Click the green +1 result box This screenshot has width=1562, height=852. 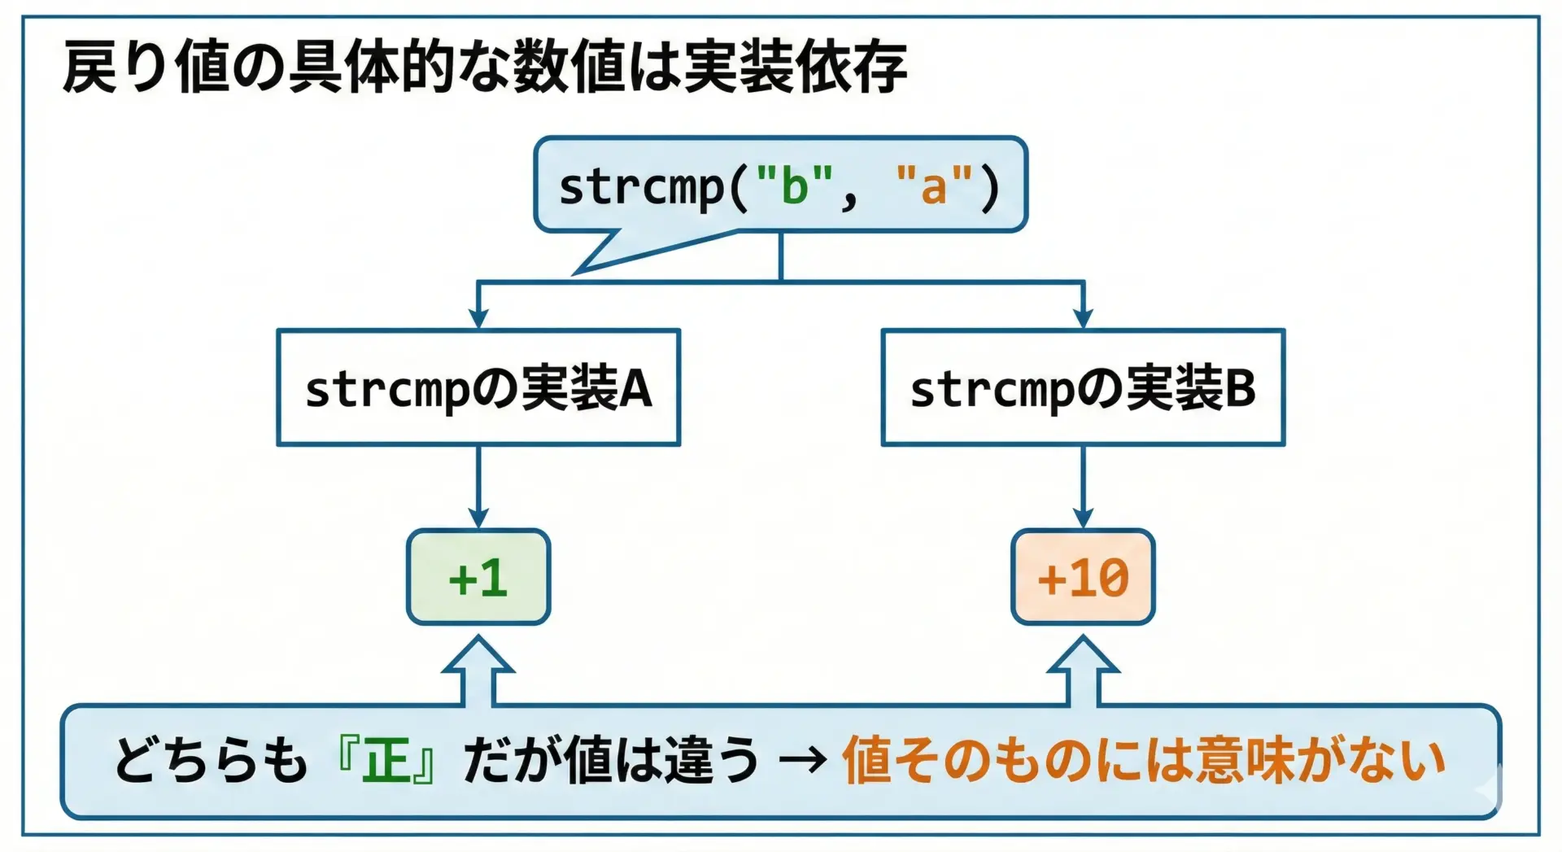478,577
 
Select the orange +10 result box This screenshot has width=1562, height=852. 1083,577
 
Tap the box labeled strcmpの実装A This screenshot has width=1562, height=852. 478,387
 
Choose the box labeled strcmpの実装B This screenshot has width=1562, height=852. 1083,387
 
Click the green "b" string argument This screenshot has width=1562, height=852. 795,186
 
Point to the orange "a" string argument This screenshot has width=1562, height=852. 934,186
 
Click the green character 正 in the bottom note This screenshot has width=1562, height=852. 386,761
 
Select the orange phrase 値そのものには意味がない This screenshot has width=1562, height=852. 1143,761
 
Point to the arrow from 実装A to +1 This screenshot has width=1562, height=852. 478,488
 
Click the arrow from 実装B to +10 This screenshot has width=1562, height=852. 1083,488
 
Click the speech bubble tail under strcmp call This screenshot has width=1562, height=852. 618,252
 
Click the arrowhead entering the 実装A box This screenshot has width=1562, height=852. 478,318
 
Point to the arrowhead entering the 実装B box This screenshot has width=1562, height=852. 1083,318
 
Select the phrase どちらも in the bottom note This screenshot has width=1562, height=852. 211,761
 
